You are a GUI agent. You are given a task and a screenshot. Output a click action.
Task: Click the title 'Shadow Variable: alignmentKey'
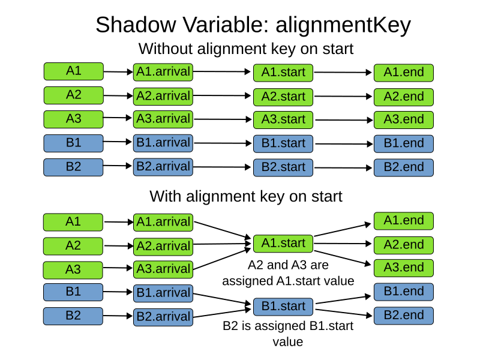click(253, 25)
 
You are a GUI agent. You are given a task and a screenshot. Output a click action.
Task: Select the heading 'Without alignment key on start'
click(246, 48)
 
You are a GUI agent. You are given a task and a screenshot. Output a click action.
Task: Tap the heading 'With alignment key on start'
click(246, 196)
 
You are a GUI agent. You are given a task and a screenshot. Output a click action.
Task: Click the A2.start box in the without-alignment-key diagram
click(283, 97)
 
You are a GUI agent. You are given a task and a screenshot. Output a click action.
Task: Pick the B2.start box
click(283, 167)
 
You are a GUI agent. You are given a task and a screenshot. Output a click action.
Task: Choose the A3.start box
click(283, 119)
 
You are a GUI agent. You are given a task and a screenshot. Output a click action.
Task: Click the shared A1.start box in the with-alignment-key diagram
click(283, 244)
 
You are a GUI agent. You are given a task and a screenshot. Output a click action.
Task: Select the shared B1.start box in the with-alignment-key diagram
click(283, 306)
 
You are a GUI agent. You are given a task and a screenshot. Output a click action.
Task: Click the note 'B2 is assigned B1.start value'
click(287, 334)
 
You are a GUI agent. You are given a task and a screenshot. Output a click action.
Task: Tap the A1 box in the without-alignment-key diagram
click(73, 71)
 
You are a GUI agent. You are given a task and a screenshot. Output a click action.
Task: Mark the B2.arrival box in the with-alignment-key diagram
click(163, 317)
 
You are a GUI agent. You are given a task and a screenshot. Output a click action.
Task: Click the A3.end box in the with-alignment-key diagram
click(403, 268)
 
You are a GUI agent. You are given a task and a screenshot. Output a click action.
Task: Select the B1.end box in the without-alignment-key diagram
click(403, 143)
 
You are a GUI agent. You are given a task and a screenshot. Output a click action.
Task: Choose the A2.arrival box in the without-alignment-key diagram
click(163, 96)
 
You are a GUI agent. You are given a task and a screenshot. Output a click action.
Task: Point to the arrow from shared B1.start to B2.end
click(343, 312)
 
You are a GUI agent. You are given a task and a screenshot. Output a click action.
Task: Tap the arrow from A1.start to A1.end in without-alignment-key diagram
click(343, 73)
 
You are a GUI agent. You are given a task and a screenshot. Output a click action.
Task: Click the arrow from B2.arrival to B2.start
click(223, 167)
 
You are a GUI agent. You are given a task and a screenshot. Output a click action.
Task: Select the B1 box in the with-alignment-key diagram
click(73, 292)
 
